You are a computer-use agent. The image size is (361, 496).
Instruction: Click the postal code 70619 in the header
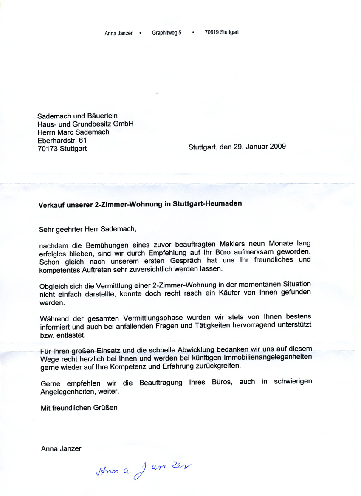coord(212,32)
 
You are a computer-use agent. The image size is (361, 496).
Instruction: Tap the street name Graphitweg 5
coord(166,33)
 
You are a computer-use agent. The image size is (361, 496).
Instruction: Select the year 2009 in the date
coord(277,147)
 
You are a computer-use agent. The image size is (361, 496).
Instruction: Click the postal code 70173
coord(48,149)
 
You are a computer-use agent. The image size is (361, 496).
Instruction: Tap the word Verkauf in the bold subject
coord(51,204)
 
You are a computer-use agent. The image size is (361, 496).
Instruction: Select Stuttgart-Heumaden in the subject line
coord(207,203)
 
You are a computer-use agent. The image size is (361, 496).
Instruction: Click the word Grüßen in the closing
coord(107,408)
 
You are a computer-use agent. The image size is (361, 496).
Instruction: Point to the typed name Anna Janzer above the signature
coord(61,448)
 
